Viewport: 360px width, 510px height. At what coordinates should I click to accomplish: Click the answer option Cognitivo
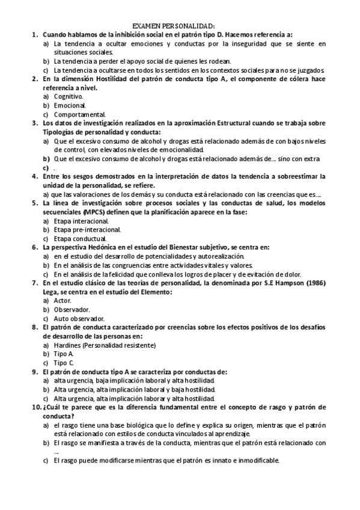(x=68, y=96)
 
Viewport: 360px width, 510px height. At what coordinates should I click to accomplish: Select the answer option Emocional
(x=70, y=105)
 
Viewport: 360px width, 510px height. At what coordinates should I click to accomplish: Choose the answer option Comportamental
(x=79, y=114)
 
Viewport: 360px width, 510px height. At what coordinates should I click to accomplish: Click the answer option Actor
(x=63, y=300)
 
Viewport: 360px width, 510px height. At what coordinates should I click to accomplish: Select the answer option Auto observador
(x=79, y=318)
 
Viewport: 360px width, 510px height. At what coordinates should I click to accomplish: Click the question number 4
(x=34, y=176)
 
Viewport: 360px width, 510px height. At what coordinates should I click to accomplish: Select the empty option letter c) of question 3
(x=46, y=168)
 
